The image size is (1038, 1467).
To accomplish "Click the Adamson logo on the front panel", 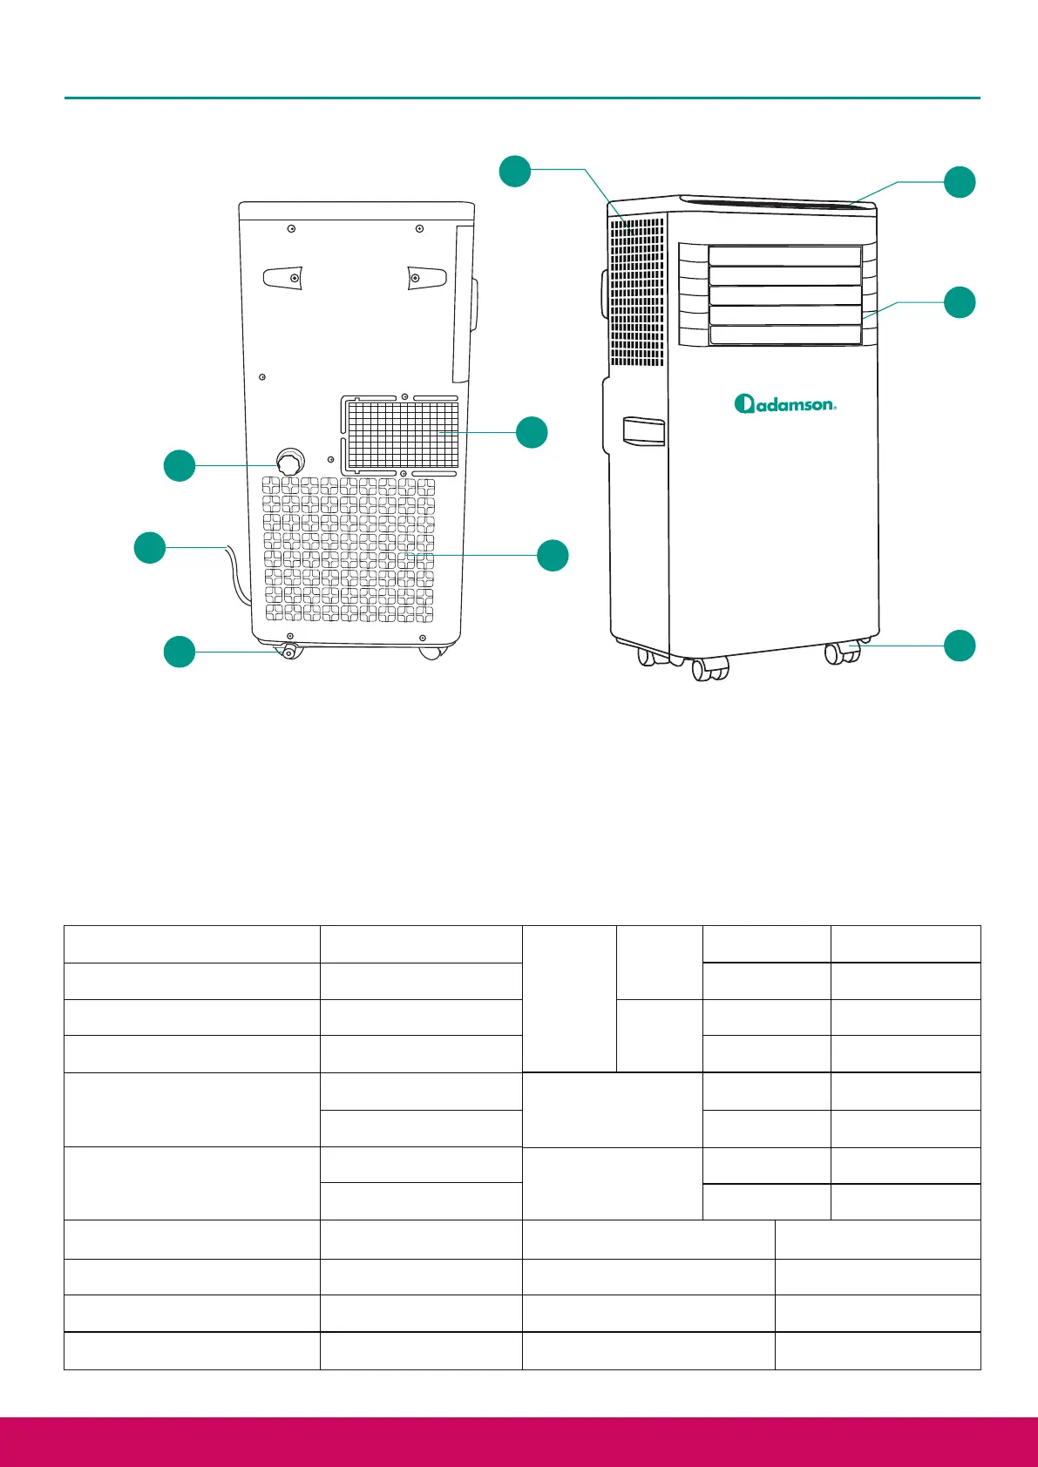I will click(785, 403).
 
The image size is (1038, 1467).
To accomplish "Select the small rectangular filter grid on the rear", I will click(403, 433).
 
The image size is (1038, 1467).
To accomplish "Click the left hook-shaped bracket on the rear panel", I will click(284, 277).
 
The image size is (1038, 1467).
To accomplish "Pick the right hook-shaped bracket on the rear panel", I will click(427, 277).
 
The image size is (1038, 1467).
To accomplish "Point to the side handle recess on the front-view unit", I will click(643, 432).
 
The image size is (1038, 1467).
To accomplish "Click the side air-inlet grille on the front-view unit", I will click(636, 292).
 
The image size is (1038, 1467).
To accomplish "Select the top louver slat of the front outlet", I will click(784, 256).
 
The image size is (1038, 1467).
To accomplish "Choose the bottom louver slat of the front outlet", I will click(784, 335).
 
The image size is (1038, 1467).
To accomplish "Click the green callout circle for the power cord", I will click(150, 547).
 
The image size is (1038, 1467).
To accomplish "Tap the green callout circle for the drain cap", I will click(180, 465).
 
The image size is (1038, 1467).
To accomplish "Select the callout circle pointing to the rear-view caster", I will click(180, 652).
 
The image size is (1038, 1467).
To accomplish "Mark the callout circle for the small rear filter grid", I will click(532, 432).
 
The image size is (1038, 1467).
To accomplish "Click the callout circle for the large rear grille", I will click(553, 556).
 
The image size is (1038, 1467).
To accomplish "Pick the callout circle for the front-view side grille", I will click(514, 171).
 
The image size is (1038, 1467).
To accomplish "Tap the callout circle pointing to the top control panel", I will click(960, 182).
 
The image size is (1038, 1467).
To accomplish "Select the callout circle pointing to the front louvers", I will click(960, 302).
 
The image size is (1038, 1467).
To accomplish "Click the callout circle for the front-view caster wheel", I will click(960, 646).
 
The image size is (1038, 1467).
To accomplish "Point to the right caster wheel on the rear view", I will click(431, 652).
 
